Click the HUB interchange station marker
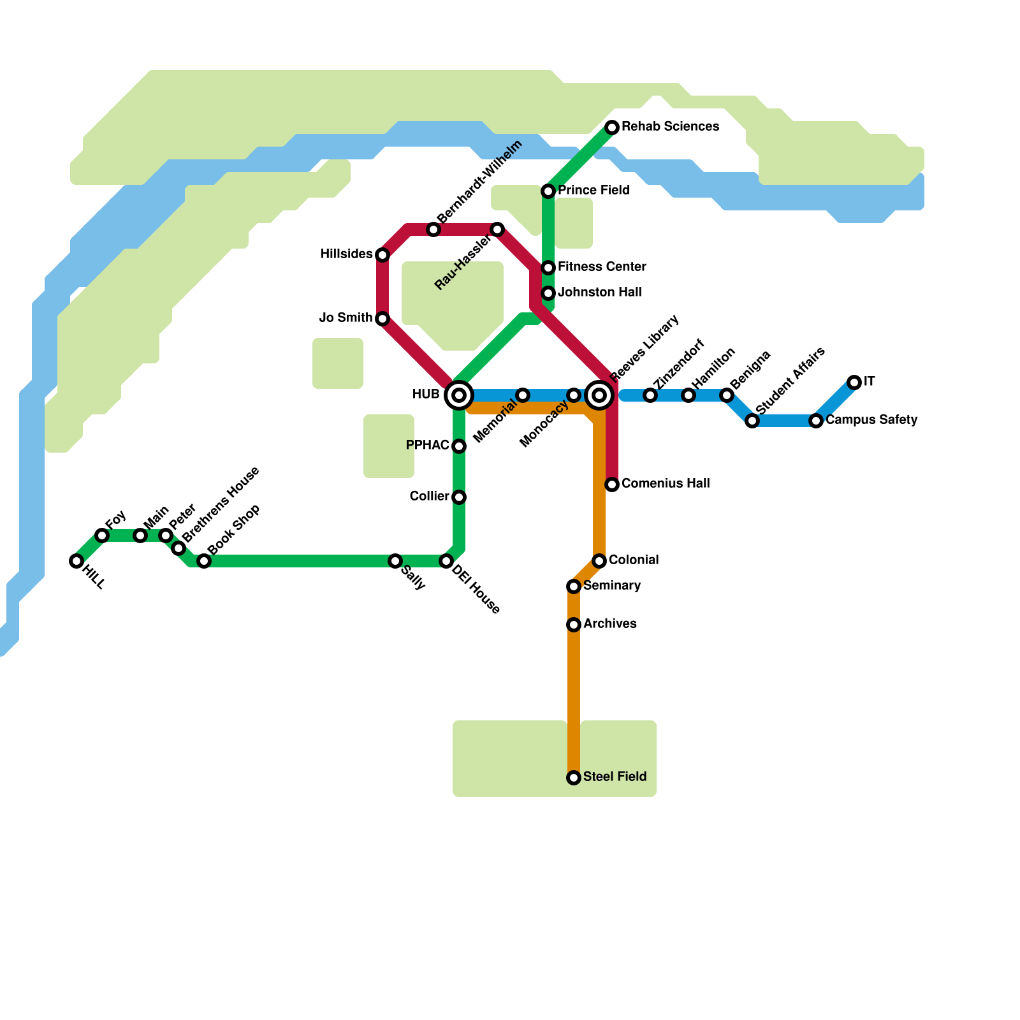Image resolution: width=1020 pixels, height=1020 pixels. click(x=459, y=395)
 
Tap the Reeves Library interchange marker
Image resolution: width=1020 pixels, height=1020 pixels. click(x=599, y=395)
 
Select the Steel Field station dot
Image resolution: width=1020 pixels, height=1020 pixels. click(x=574, y=778)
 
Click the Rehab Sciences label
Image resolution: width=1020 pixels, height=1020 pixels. click(x=670, y=127)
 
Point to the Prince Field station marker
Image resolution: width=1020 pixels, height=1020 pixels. click(x=548, y=191)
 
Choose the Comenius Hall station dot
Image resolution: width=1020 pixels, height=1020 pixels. click(x=612, y=484)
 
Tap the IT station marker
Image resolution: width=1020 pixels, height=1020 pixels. click(x=854, y=382)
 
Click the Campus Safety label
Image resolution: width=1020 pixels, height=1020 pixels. click(x=871, y=420)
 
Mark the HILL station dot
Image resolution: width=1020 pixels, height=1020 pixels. click(x=76, y=561)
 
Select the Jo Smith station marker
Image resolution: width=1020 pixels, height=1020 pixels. click(x=382, y=319)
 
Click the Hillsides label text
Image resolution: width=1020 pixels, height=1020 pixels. click(x=346, y=254)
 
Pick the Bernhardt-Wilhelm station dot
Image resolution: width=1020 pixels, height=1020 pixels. click(x=433, y=229)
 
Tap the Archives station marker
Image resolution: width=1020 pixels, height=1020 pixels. click(x=574, y=625)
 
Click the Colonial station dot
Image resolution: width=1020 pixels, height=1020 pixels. click(x=599, y=561)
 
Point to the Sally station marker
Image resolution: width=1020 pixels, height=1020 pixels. click(x=395, y=561)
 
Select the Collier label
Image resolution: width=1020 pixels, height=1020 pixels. click(x=429, y=497)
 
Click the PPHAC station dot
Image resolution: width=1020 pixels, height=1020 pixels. click(x=459, y=446)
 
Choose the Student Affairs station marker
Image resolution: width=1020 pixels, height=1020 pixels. click(x=752, y=421)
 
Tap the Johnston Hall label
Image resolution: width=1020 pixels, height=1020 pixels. click(x=599, y=293)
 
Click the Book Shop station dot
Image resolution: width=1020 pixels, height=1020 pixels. click(x=204, y=561)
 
